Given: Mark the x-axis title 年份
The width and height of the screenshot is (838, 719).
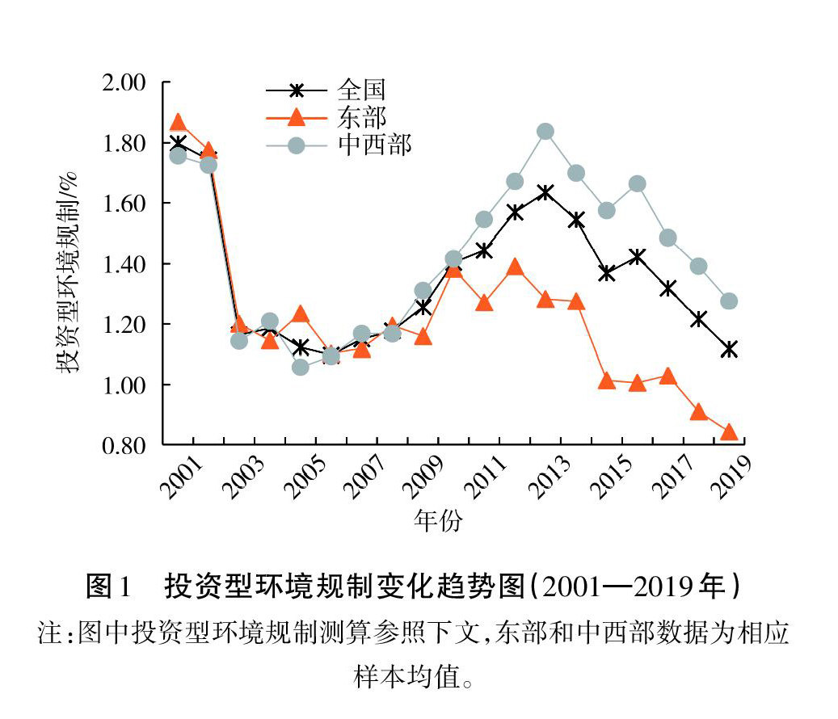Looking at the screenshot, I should pyautogui.click(x=438, y=521).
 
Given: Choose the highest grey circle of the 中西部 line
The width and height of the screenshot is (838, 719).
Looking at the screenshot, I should pyautogui.click(x=545, y=132).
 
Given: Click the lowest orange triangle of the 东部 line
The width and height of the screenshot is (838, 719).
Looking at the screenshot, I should pyautogui.click(x=729, y=432).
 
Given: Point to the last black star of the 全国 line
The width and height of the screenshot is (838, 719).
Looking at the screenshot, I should pyautogui.click(x=729, y=350).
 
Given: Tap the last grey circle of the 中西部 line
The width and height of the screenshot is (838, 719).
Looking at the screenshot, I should pyautogui.click(x=729, y=301).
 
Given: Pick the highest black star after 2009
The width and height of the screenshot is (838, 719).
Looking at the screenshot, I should pyautogui.click(x=545, y=192).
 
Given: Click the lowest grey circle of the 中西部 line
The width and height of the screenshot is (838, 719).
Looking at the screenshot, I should pyautogui.click(x=301, y=368).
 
